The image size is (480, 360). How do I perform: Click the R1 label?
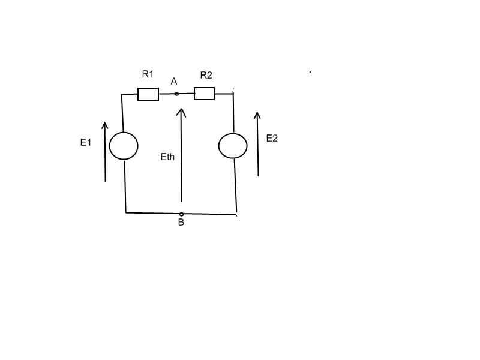point(148,74)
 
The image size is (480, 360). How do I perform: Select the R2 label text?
point(206,75)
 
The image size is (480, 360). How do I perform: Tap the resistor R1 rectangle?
point(148,94)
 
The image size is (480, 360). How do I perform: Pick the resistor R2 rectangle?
point(204,94)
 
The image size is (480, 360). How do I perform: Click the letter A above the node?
point(174,81)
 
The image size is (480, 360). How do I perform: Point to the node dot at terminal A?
point(176,94)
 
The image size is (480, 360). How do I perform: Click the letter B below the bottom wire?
point(181,223)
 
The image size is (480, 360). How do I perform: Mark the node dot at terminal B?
point(181,214)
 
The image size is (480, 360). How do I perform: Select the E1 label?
point(86,142)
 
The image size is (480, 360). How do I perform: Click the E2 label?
point(272,138)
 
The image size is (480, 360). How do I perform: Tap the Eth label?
point(167,157)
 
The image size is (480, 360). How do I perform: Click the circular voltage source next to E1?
point(124,146)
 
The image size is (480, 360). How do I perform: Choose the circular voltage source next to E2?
point(233,146)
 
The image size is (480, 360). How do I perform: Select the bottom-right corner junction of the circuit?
point(238,214)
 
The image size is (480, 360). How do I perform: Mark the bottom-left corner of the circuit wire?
point(125,212)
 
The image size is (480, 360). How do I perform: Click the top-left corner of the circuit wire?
point(122,94)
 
